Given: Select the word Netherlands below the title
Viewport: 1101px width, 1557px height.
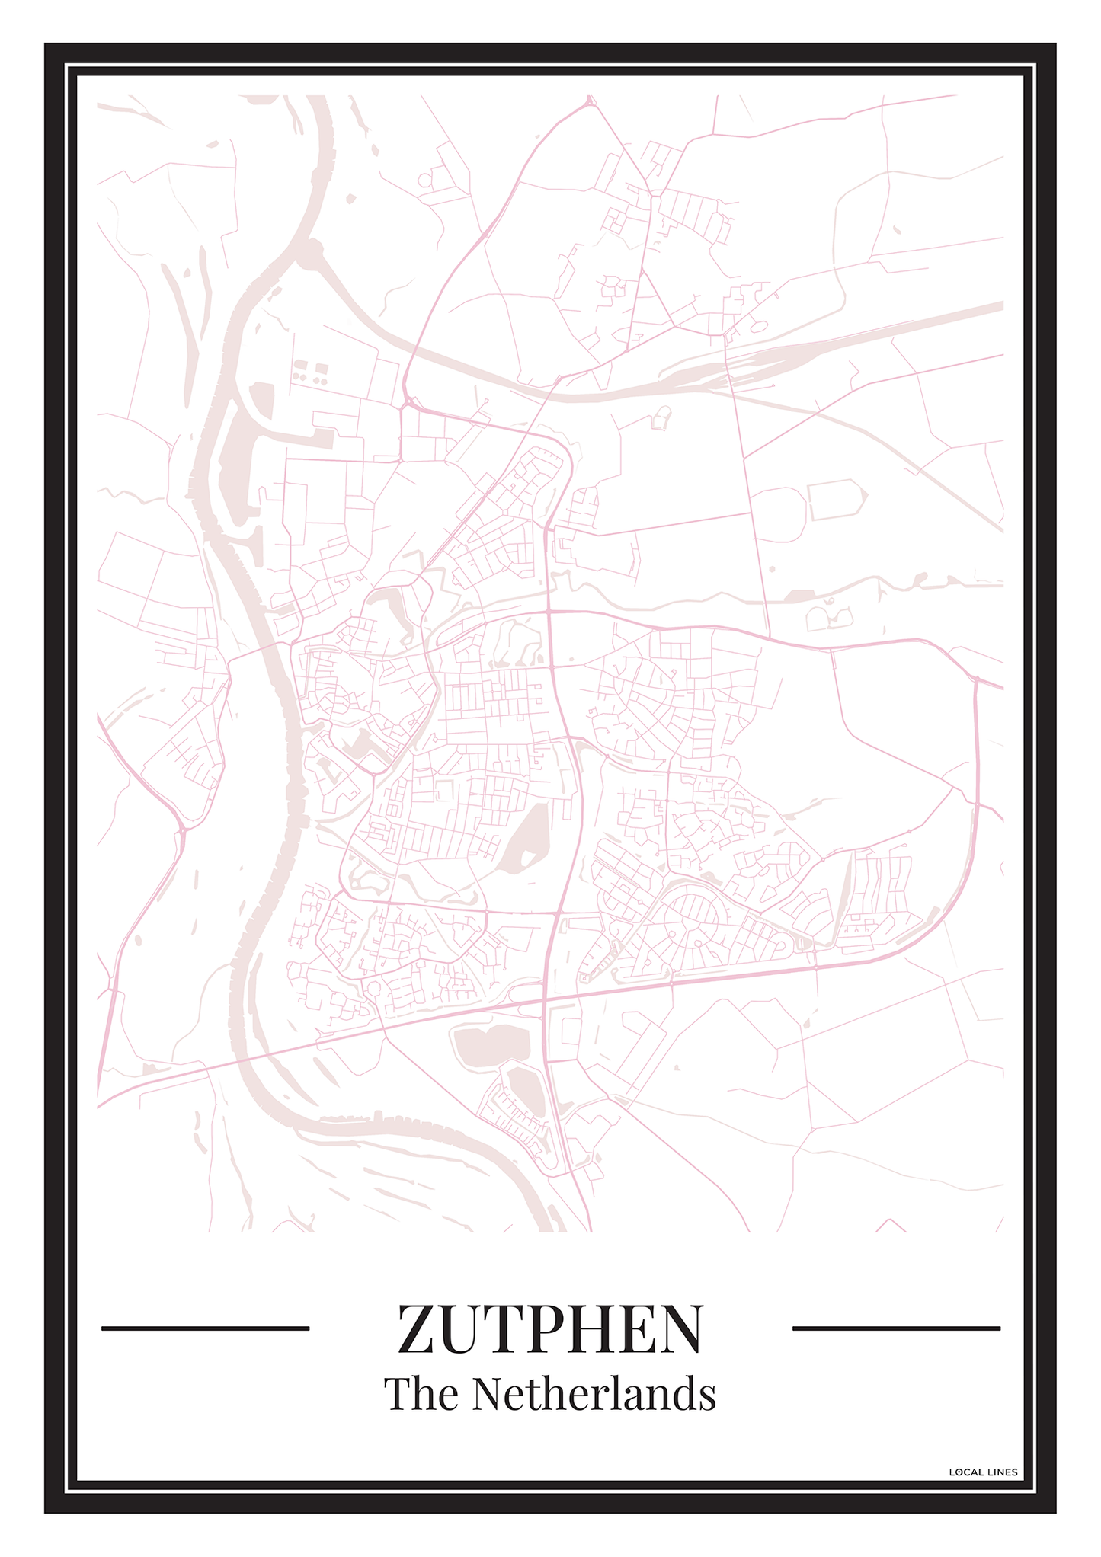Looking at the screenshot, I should pos(594,1394).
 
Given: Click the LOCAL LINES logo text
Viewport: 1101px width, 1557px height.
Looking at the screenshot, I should pos(983,1472).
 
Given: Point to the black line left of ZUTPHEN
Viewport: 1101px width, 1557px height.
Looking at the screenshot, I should pos(205,1328).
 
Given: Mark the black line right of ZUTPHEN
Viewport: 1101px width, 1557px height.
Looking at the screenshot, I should pos(896,1328).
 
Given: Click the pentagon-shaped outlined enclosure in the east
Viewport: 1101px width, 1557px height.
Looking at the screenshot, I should pos(837,499).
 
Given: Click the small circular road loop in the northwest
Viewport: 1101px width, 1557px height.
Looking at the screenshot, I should pos(424,180).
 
